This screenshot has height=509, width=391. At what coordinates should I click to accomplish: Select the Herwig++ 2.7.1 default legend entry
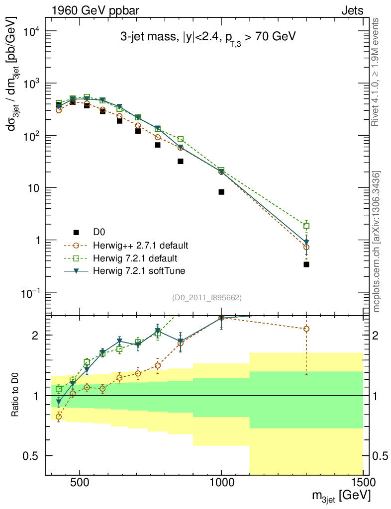[131, 246]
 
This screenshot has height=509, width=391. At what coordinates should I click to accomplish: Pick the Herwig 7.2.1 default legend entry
[128, 258]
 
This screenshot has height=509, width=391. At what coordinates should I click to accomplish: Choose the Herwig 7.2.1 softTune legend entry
[131, 271]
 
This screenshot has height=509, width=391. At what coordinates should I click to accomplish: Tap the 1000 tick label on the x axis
[221, 483]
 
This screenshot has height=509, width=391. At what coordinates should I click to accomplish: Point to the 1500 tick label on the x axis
[363, 483]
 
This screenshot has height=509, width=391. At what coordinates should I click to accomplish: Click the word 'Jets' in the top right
[352, 10]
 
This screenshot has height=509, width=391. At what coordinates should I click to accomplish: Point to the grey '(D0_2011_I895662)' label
[207, 298]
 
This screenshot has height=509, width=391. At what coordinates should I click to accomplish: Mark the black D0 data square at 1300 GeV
[306, 264]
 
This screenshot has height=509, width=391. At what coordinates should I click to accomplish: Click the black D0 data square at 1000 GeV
[221, 192]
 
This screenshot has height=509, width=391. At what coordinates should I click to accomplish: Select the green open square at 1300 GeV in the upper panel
[306, 226]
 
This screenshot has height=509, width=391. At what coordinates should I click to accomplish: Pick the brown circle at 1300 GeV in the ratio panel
[306, 329]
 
